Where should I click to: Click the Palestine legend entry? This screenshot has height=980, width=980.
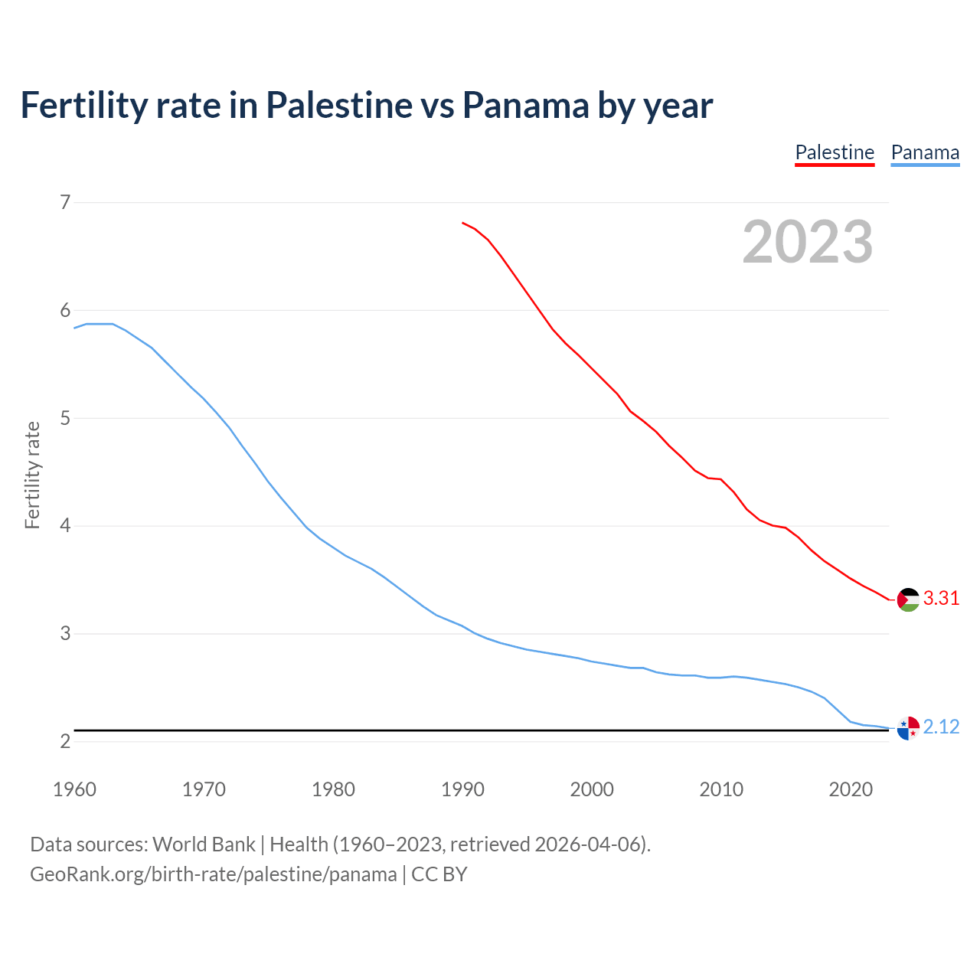tap(835, 152)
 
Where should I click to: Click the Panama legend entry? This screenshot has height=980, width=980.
tap(925, 152)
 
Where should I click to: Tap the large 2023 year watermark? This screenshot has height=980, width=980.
tap(808, 242)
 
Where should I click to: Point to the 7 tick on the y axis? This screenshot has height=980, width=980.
tap(65, 202)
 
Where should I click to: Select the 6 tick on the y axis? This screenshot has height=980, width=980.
tap(65, 310)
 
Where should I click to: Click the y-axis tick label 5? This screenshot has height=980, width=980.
tap(65, 418)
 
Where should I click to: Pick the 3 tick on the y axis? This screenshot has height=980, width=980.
tap(65, 634)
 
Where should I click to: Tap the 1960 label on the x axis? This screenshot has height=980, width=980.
tap(74, 789)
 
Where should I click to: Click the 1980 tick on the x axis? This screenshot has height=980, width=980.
tap(333, 789)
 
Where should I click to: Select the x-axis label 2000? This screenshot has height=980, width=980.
tap(592, 789)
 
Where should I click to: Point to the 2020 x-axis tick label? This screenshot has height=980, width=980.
tap(851, 789)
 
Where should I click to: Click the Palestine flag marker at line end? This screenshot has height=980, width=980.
tap(908, 599)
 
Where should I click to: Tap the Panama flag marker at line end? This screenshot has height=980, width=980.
tap(908, 728)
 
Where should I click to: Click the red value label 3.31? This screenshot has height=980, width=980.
tap(941, 599)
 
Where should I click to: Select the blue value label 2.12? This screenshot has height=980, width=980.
tap(941, 727)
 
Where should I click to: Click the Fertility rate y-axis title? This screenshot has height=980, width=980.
tap(32, 475)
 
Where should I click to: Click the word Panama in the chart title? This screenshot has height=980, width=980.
tap(525, 106)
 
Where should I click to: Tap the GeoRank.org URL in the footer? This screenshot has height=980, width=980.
tap(214, 874)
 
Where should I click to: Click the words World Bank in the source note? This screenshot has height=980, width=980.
tap(204, 844)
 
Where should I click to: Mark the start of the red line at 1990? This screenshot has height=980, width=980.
tap(462, 223)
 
